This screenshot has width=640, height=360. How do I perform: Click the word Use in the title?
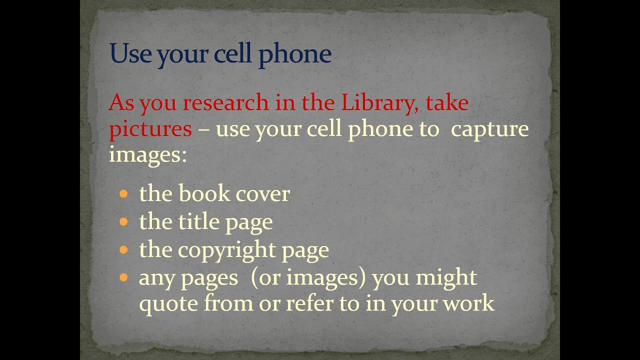130,54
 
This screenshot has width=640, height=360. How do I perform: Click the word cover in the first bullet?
262,194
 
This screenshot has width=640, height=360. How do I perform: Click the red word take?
447,103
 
